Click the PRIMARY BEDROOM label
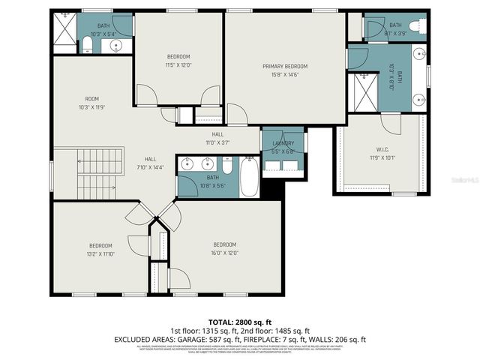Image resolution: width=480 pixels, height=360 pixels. click(x=284, y=66)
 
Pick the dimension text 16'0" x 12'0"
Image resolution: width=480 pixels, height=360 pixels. click(x=224, y=253)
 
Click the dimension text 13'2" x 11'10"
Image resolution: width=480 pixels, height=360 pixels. click(x=100, y=254)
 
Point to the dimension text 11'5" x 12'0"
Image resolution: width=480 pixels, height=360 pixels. click(x=178, y=64)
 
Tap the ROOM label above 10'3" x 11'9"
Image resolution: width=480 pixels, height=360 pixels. click(x=91, y=99)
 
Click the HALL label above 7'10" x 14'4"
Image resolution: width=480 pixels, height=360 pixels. click(x=149, y=159)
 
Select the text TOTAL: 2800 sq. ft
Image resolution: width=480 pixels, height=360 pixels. click(x=239, y=321)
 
